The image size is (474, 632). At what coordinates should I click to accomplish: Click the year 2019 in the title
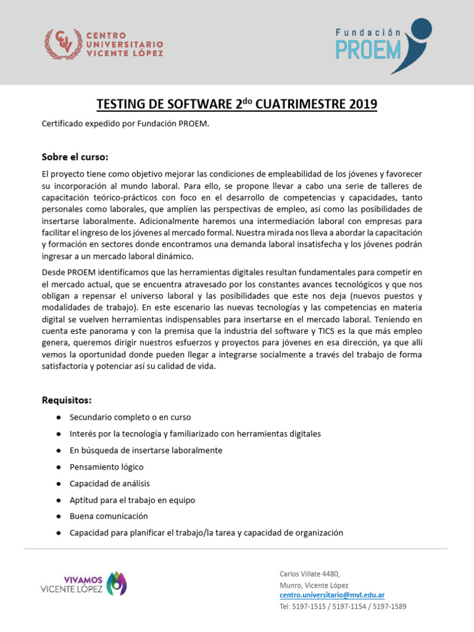click(x=361, y=104)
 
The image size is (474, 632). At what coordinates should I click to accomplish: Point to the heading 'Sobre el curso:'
click(x=75, y=156)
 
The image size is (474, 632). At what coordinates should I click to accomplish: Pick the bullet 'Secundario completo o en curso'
click(x=130, y=417)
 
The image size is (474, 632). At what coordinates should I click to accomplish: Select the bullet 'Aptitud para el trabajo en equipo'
click(x=132, y=500)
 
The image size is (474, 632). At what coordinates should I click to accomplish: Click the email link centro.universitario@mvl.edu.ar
click(x=332, y=595)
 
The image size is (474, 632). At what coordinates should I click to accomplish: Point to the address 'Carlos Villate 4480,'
click(x=309, y=573)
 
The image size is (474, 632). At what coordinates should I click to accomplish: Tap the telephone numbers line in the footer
click(x=343, y=606)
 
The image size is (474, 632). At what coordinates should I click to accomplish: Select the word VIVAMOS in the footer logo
click(x=83, y=580)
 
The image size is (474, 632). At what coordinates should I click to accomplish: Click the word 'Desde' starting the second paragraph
click(x=54, y=272)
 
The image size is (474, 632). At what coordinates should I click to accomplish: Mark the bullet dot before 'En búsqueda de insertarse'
click(x=57, y=451)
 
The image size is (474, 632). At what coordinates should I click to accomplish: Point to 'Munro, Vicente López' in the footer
click(x=314, y=584)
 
